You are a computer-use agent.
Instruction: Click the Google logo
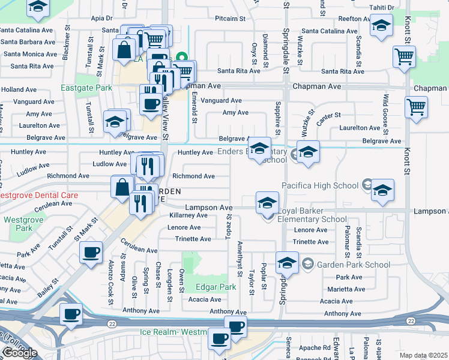coord(19,353)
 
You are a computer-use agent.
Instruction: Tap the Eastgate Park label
coord(86,88)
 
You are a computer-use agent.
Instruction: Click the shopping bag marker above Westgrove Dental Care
coord(122,186)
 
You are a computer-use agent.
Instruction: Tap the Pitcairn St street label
coord(231,19)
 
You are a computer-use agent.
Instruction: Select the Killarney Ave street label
coord(188,215)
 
